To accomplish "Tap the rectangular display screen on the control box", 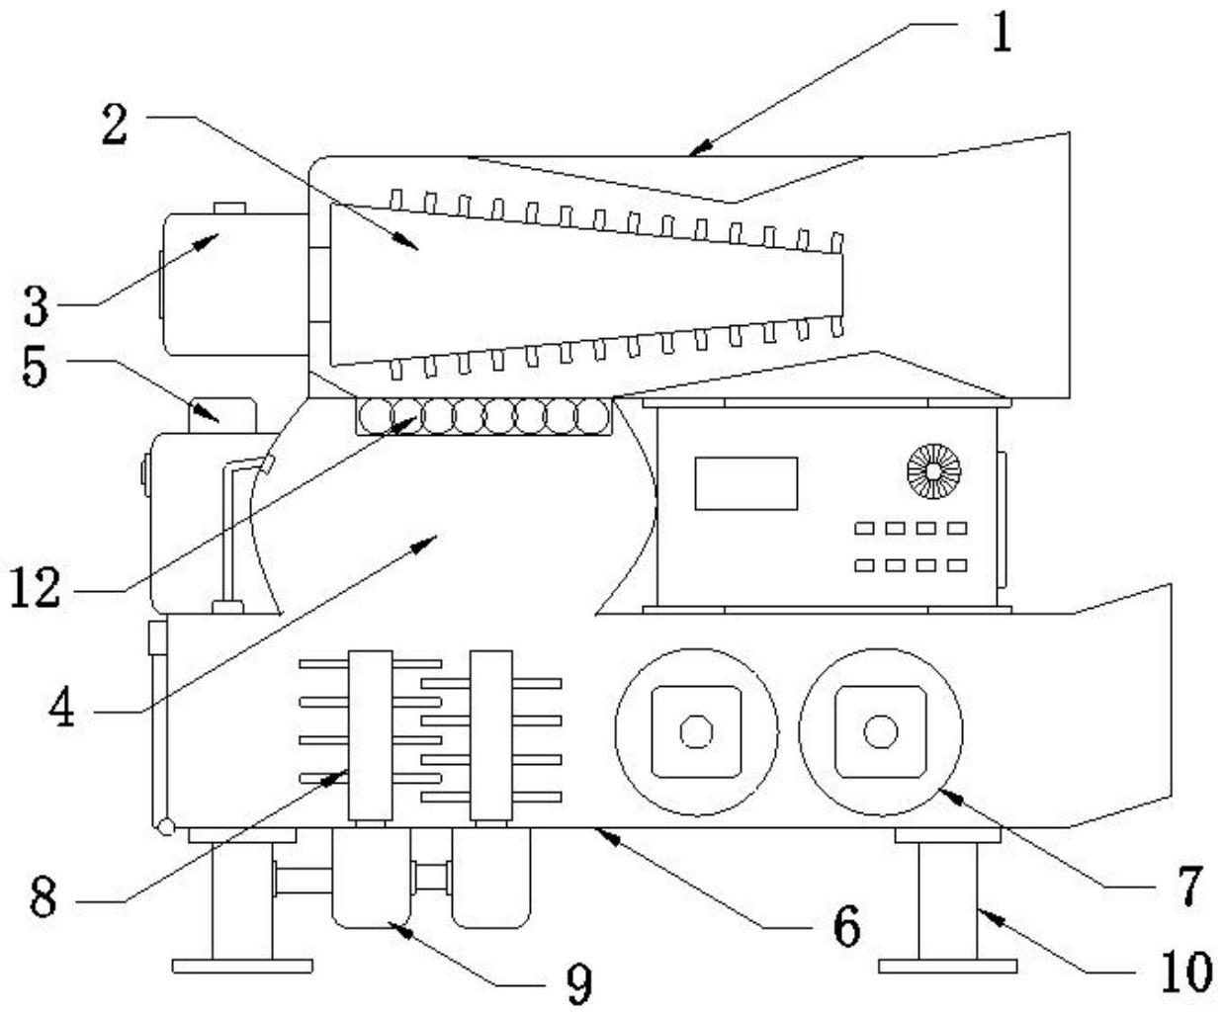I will point(745,483).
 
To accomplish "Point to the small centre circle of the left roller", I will point(696,732).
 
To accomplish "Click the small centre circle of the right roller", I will point(879,732).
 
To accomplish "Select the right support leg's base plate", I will point(948,966).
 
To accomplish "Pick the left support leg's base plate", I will point(241,966).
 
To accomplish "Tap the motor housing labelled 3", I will point(233,285).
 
